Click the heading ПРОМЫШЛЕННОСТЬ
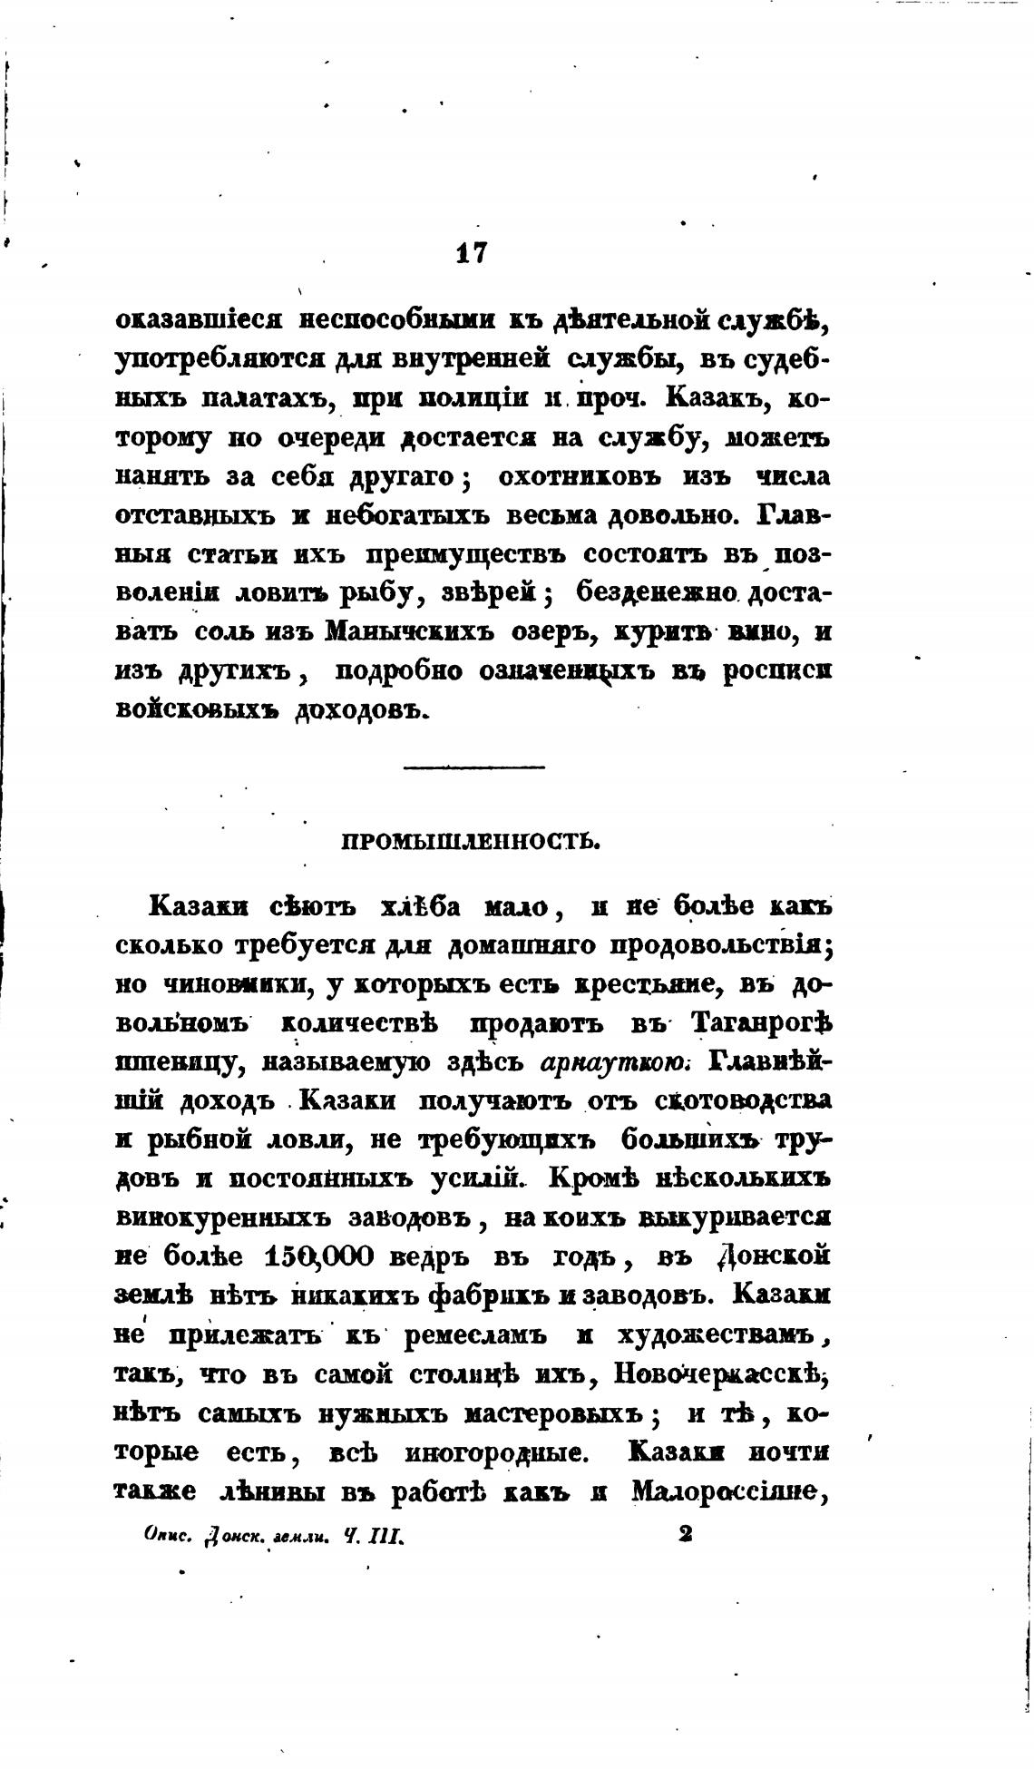click(472, 841)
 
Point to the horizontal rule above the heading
click(473, 768)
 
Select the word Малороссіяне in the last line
click(732, 1491)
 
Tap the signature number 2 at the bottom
click(686, 1533)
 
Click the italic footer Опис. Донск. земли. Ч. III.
click(272, 1535)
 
